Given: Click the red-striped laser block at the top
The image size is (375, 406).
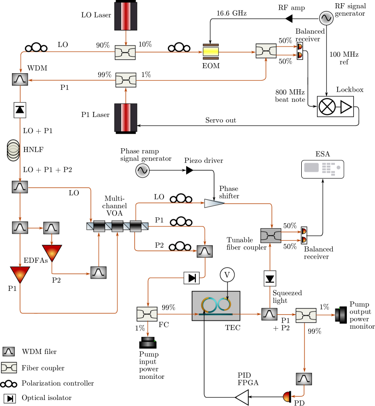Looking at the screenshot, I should click(126, 16).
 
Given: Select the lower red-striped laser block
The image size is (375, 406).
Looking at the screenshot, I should click(126, 117).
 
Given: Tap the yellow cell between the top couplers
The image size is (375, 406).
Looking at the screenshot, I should click(211, 52).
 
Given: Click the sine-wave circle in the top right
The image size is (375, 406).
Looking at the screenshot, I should click(326, 18).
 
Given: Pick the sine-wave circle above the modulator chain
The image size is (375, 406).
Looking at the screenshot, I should click(142, 171).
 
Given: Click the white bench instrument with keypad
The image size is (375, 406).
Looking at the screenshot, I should click(322, 169).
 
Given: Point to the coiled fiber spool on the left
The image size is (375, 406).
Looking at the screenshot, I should click(13, 151).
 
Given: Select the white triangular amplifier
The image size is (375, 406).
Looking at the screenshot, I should click(214, 203).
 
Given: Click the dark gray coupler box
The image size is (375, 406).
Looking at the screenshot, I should click(270, 236).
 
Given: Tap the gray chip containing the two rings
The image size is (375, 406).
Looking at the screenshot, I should click(216, 306).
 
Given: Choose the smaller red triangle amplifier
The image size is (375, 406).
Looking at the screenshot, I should click(52, 253).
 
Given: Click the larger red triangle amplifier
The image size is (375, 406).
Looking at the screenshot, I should click(20, 274).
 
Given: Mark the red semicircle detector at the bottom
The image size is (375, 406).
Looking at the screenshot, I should click(287, 397).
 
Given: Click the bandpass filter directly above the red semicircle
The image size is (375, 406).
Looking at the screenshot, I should click(304, 379).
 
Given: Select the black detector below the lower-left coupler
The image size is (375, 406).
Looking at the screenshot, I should click(148, 342).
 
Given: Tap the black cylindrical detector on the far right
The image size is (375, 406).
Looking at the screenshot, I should click(340, 315).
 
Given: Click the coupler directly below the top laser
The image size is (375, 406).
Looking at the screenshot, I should click(125, 52).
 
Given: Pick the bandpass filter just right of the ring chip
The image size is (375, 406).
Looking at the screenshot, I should click(269, 314).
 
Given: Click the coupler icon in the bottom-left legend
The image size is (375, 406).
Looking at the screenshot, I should click(9, 367).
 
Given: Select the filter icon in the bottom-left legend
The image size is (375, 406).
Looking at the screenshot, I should click(9, 352).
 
